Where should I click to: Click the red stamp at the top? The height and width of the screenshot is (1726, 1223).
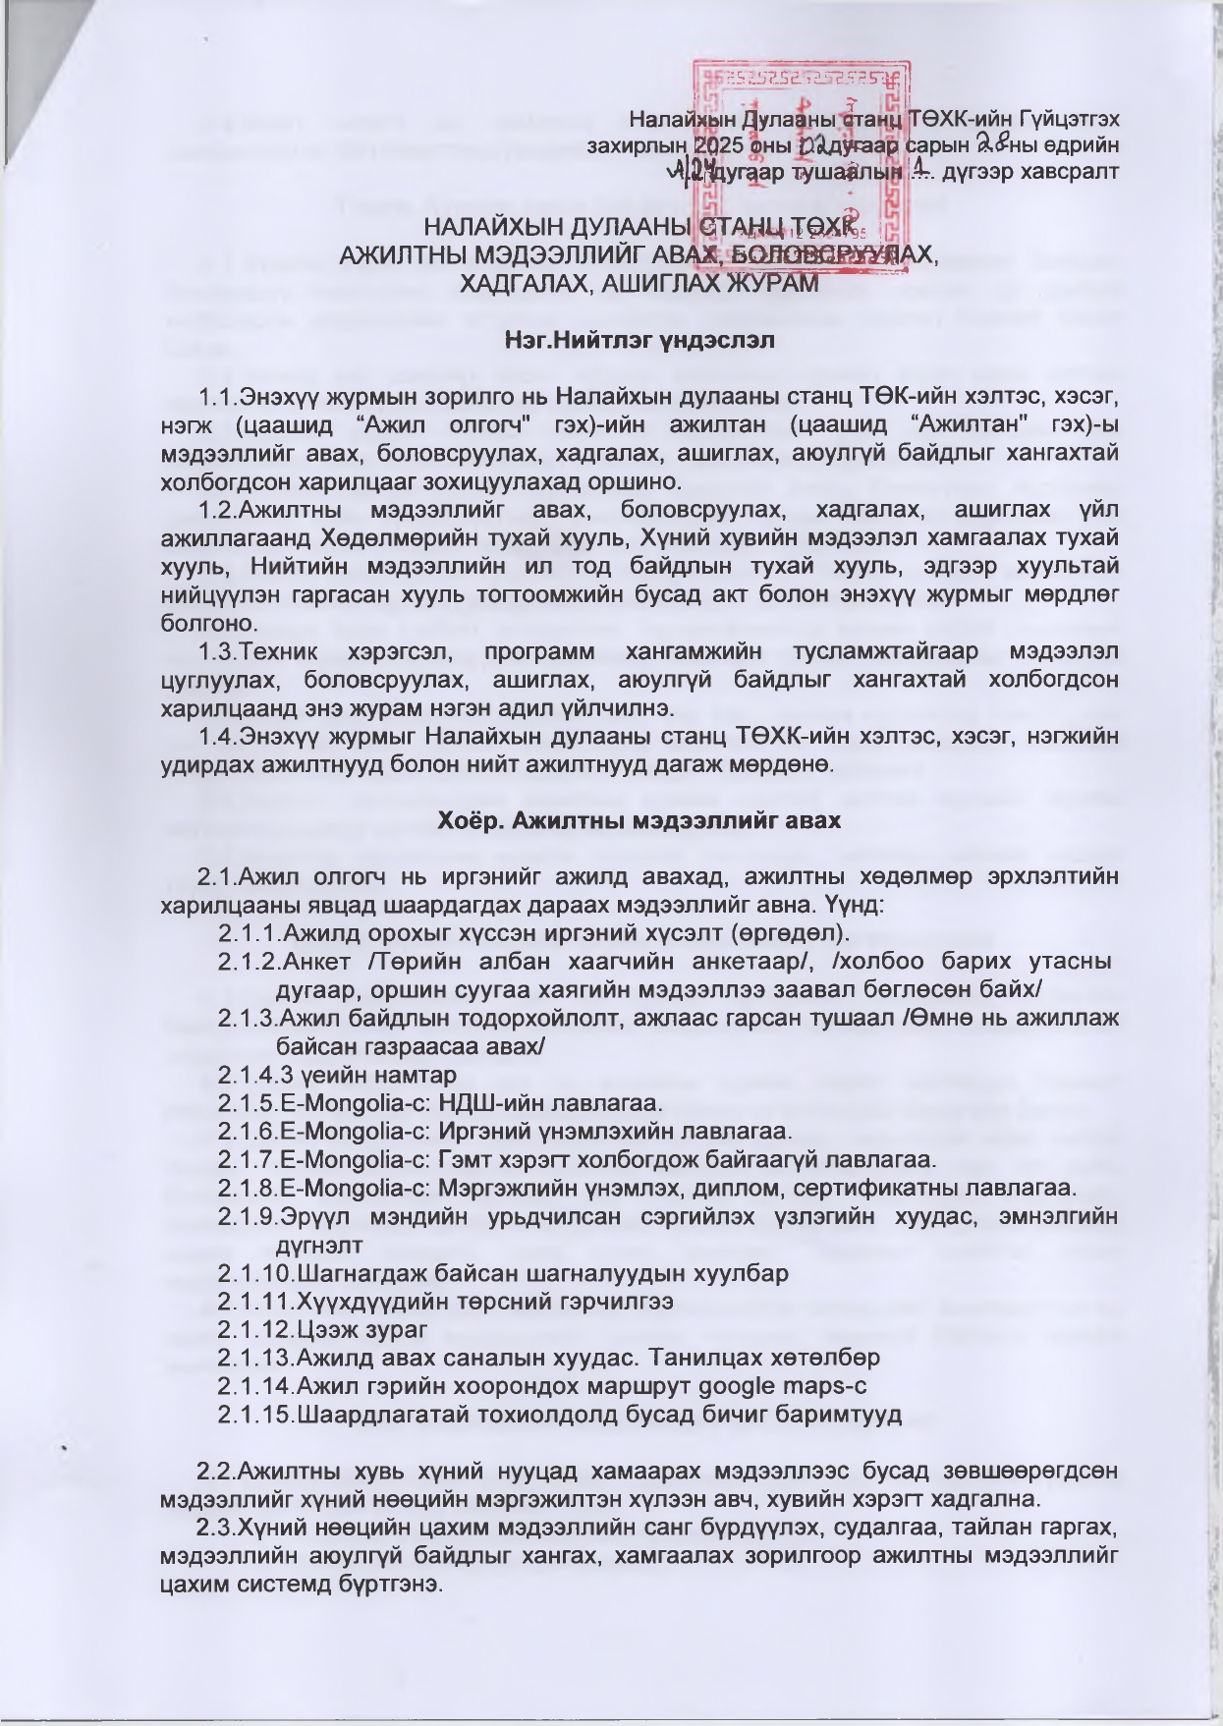801,157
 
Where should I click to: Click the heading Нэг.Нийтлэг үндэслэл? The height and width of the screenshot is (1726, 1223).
639,341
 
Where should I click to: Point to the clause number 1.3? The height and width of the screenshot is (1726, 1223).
217,652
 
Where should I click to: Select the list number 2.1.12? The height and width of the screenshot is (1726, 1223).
251,1330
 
